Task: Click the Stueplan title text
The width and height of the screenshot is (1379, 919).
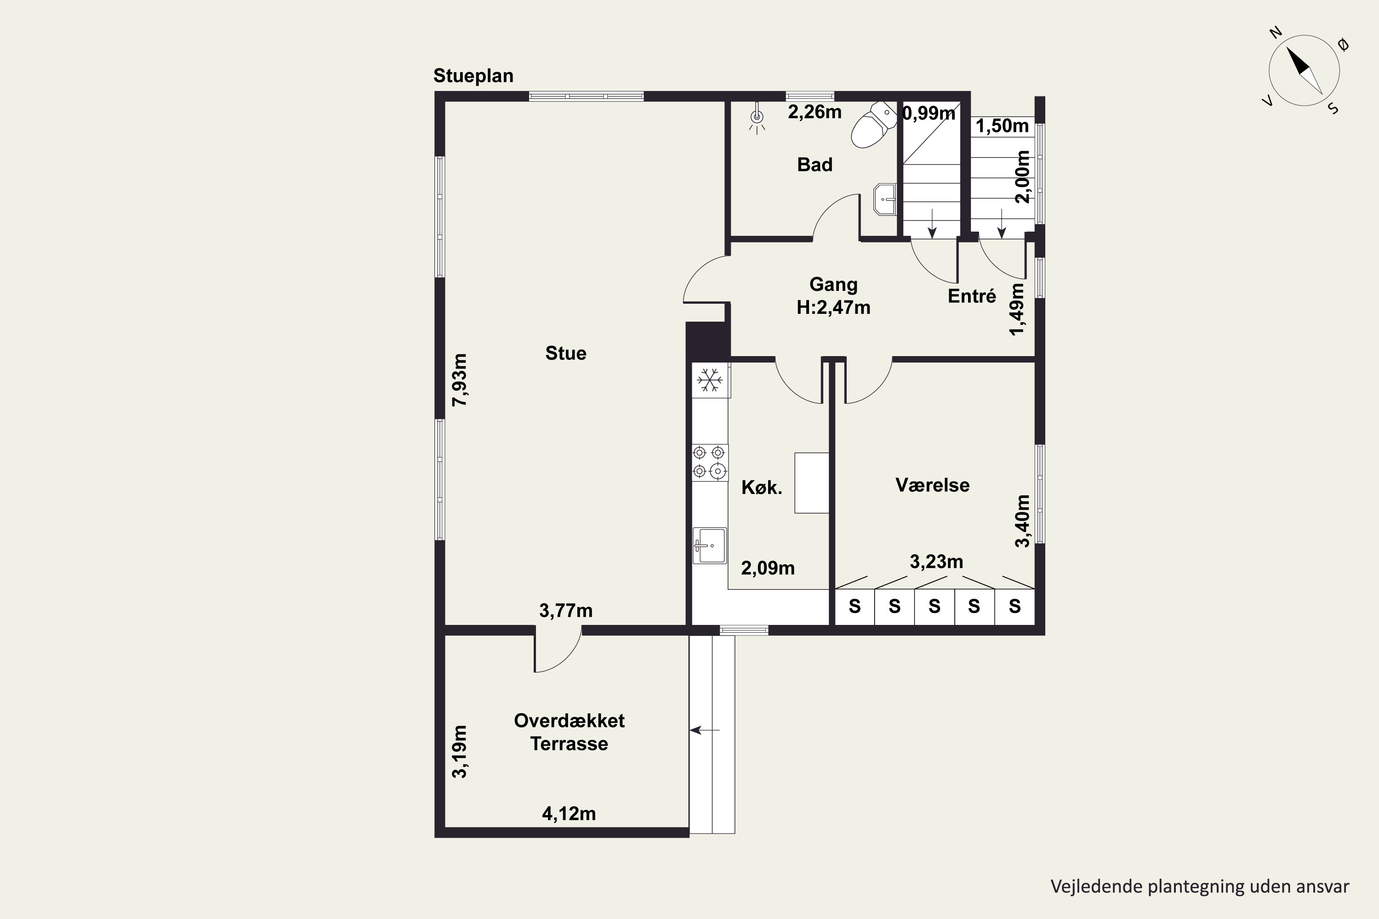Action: tap(473, 76)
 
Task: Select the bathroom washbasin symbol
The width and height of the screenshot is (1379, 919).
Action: tap(885, 199)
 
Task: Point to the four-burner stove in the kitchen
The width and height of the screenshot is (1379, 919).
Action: tap(710, 462)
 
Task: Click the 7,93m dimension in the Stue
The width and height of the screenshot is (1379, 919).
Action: tap(460, 380)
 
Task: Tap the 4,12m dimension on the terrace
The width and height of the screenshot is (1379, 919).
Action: tap(569, 813)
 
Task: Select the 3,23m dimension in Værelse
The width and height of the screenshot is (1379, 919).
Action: tap(936, 562)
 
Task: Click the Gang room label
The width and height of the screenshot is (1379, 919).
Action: tap(833, 285)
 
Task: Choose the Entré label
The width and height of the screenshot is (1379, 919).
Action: tap(972, 296)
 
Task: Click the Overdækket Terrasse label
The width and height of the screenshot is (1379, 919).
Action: tap(570, 732)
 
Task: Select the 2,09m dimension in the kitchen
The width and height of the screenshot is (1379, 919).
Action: tap(768, 568)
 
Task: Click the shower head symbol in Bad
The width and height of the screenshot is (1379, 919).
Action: tap(757, 119)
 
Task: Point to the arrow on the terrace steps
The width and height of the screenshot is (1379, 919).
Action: tap(705, 730)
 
